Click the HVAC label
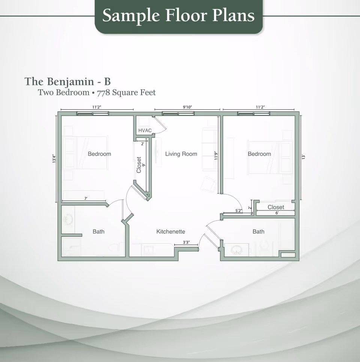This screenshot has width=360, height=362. click(145, 130)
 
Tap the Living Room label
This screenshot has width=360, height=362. click(181, 154)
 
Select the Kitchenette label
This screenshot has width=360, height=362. click(171, 232)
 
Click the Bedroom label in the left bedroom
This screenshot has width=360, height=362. click(99, 154)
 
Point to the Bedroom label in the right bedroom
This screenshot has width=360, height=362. click(259, 154)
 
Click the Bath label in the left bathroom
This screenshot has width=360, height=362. click(98, 232)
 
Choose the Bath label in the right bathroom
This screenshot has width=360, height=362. click(258, 232)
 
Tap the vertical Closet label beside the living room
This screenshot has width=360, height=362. click(139, 165)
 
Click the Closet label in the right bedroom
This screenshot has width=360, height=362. click(276, 207)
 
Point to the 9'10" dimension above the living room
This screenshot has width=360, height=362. click(187, 107)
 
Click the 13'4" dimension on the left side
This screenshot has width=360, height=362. click(54, 159)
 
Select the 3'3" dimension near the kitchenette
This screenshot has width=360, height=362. click(186, 242)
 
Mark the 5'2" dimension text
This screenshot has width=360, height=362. click(239, 211)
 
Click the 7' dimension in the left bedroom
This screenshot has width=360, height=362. click(86, 198)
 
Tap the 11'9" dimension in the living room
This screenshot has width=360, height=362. click(216, 156)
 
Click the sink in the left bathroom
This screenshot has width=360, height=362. click(68, 219)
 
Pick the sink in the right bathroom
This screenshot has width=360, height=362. click(236, 250)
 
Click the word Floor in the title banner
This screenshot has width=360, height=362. click(186, 15)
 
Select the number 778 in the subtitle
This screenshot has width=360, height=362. click(103, 93)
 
